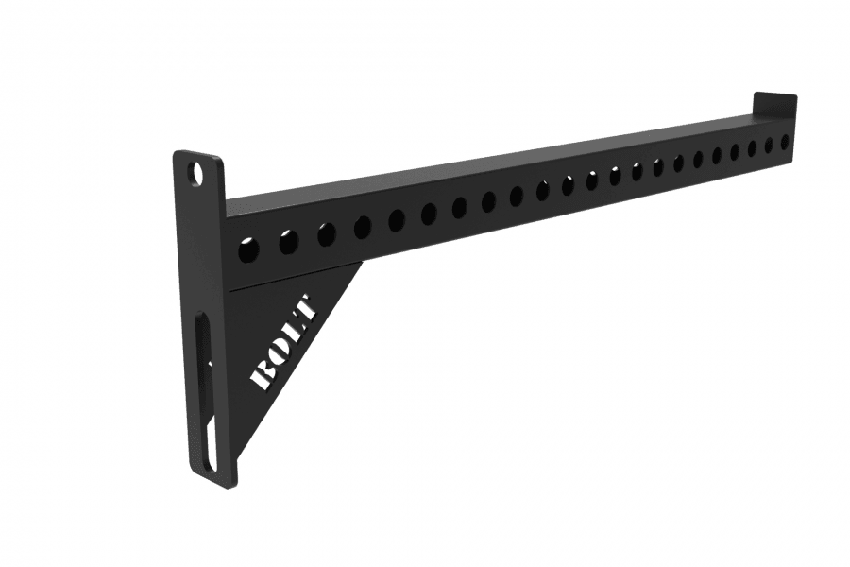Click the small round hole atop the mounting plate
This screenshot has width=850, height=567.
(x=196, y=175)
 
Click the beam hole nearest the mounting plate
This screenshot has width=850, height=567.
(x=248, y=251)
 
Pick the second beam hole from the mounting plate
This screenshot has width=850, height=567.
(x=288, y=243)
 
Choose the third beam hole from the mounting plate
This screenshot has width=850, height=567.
(x=326, y=234)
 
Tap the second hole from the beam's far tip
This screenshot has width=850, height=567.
(x=768, y=146)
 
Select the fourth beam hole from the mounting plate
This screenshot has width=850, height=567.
(x=363, y=227)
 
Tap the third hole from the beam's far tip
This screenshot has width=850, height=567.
(x=752, y=148)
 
